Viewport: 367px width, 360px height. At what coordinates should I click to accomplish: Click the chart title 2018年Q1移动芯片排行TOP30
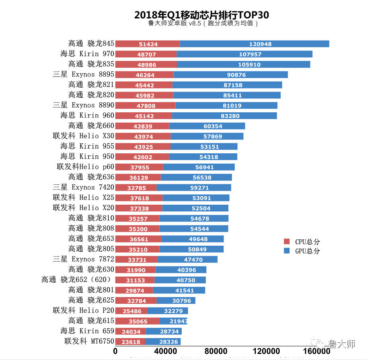click(x=201, y=15)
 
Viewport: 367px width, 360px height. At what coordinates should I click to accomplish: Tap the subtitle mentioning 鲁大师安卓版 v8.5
click(x=203, y=23)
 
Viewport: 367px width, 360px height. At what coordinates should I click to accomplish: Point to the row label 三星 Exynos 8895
click(x=84, y=74)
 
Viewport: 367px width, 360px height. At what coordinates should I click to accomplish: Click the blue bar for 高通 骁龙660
click(x=207, y=126)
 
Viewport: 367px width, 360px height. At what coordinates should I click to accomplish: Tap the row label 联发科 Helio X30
click(x=84, y=136)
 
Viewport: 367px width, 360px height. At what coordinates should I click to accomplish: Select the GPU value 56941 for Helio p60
click(x=199, y=167)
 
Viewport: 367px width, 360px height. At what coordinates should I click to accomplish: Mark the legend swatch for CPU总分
click(x=287, y=242)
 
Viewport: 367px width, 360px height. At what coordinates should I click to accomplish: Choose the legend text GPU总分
click(x=307, y=251)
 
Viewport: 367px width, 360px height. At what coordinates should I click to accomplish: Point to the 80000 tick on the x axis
click(x=216, y=352)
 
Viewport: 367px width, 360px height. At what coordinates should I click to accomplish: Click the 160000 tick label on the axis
click(x=316, y=352)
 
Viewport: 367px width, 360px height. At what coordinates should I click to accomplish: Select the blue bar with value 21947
click(x=173, y=321)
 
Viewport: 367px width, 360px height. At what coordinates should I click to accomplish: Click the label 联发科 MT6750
click(x=89, y=341)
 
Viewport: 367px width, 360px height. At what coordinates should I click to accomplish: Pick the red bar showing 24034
click(x=130, y=331)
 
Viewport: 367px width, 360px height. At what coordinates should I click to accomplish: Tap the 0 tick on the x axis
click(x=116, y=352)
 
